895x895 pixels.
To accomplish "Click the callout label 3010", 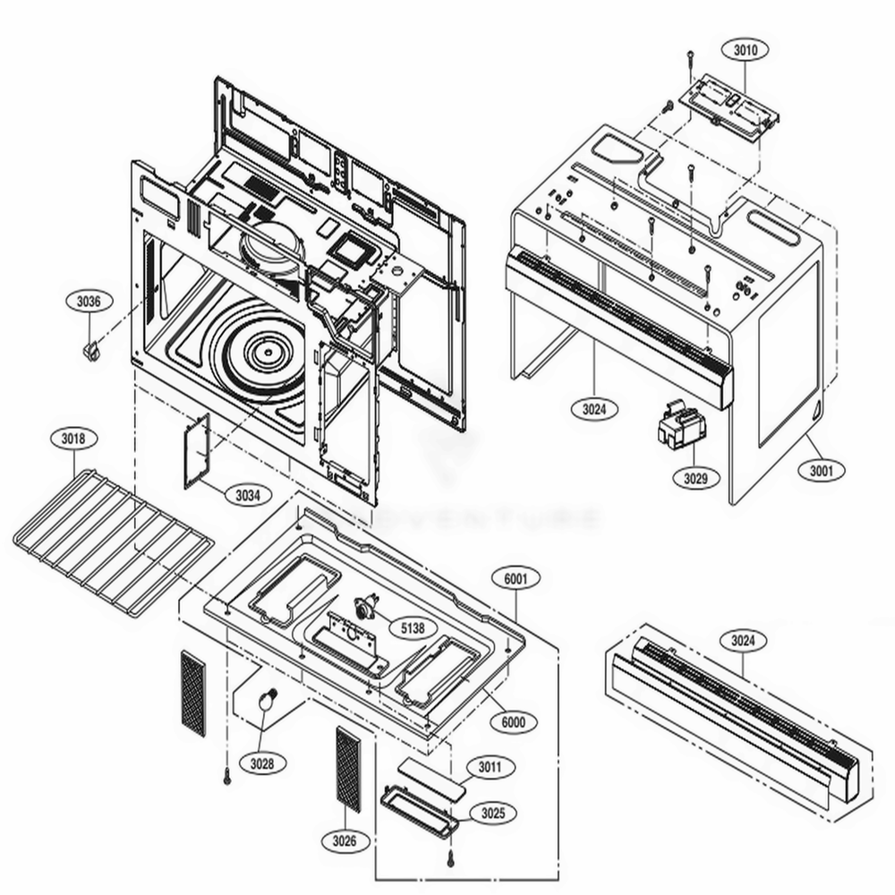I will pos(745,51).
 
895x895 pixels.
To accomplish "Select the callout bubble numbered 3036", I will pos(89,302).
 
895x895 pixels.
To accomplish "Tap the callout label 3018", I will pos(74,439).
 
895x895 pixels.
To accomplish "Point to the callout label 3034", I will pos(248,494).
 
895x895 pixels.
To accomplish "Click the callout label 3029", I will pos(695,478).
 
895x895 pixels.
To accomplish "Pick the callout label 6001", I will pos(516,579).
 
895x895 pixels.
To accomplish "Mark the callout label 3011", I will pos(490,767).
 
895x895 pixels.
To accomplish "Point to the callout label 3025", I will pos(492,813).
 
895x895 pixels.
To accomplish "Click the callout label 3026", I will pos(345,840).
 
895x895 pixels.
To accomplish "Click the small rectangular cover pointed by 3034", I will pos(197,450).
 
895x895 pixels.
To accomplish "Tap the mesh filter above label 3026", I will pos(348,769).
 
